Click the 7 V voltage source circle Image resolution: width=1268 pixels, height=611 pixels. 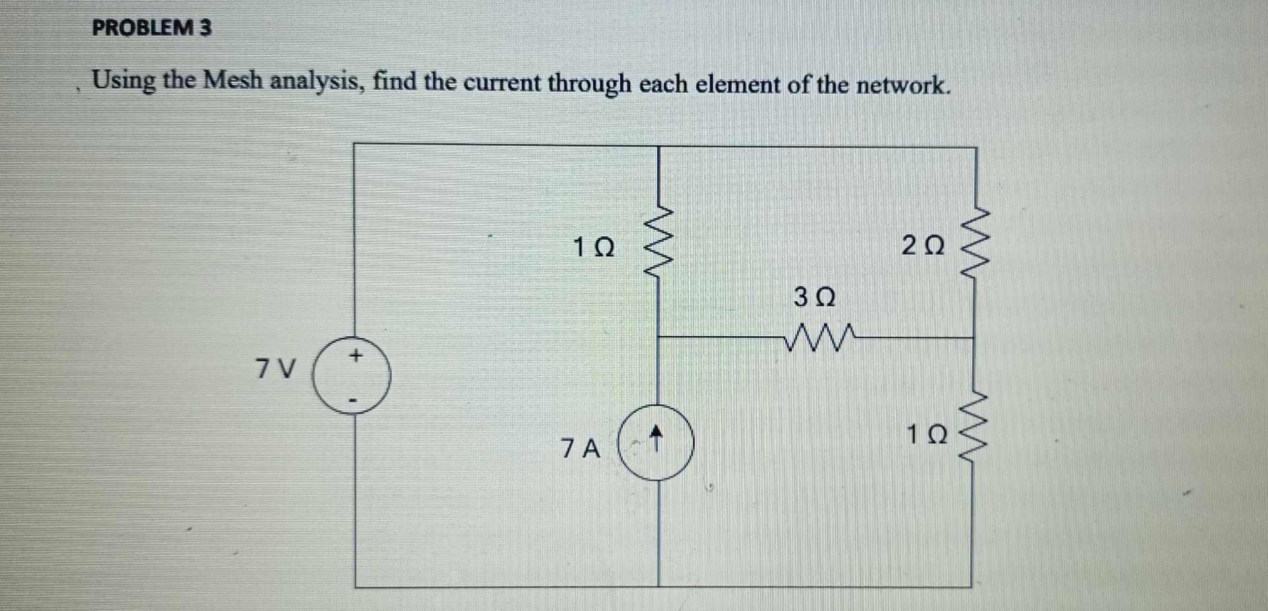pos(351,377)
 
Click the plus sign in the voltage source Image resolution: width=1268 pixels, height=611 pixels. pos(355,357)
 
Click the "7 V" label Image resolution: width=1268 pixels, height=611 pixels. pos(275,369)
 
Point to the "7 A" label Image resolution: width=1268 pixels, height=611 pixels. pos(581,449)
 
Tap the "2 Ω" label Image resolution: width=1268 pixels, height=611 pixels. pos(923,246)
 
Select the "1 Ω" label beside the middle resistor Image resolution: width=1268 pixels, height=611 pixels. pos(594,248)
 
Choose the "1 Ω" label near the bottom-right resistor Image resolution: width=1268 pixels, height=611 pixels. pos(927,435)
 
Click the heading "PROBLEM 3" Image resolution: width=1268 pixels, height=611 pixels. pos(152,28)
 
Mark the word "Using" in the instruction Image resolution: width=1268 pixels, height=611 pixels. pos(123,82)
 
